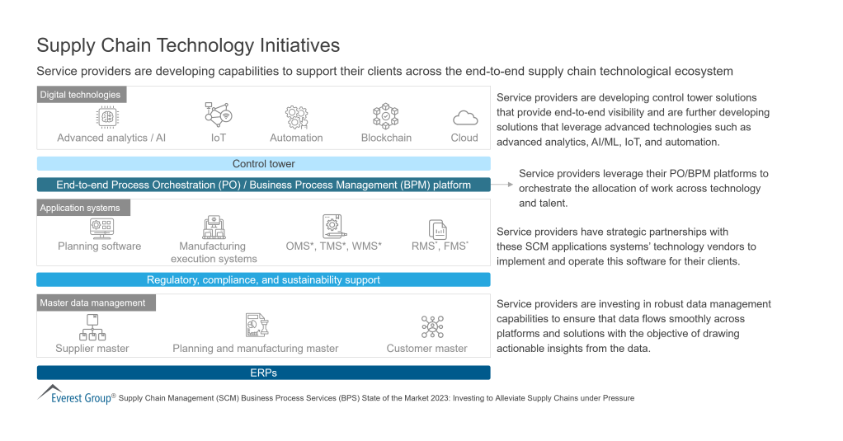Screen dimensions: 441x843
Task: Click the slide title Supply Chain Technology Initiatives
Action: pyautogui.click(x=189, y=45)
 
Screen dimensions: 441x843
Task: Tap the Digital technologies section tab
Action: pyautogui.click(x=81, y=95)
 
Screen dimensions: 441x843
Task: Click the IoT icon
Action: pyautogui.click(x=218, y=115)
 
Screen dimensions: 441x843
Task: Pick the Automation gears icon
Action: pyautogui.click(x=296, y=116)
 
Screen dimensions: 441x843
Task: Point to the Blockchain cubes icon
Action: pyautogui.click(x=386, y=116)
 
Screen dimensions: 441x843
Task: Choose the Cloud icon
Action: pyautogui.click(x=464, y=117)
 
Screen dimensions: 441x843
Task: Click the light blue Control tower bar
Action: pyautogui.click(x=264, y=164)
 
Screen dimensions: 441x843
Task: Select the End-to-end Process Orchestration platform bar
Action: pyautogui.click(x=264, y=185)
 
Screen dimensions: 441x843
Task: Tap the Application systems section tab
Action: pyautogui.click(x=81, y=208)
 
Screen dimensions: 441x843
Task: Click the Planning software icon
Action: pyautogui.click(x=100, y=226)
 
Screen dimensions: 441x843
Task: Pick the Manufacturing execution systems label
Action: pyautogui.click(x=213, y=252)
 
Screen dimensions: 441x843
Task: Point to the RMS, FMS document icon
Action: pyautogui.click(x=437, y=228)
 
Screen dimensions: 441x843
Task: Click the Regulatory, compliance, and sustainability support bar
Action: pyautogui.click(x=264, y=279)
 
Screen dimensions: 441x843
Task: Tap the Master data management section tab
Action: pyautogui.click(x=93, y=303)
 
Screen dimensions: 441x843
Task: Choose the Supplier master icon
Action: pyautogui.click(x=92, y=327)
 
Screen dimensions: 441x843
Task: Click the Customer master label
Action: pyautogui.click(x=426, y=349)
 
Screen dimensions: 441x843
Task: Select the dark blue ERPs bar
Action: pyautogui.click(x=264, y=373)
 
